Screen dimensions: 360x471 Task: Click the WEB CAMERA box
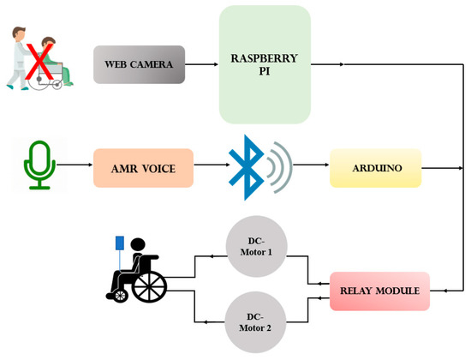[139, 64]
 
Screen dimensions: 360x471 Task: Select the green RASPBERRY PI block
[265, 64]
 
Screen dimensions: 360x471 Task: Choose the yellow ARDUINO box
[376, 167]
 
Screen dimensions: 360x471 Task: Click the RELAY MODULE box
[379, 291]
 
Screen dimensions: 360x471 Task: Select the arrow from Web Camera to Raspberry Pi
[201, 64]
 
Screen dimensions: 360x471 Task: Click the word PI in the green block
[264, 73]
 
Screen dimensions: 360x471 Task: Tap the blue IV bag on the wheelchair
[120, 243]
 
